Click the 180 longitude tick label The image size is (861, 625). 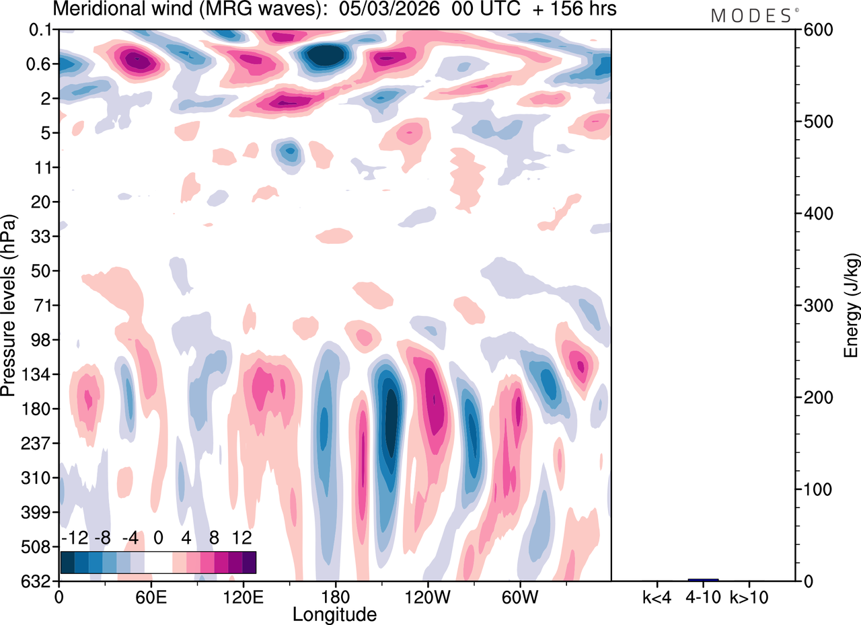click(334, 596)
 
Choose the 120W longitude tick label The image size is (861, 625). click(426, 596)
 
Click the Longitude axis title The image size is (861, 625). click(334, 614)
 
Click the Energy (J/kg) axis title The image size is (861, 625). click(852, 306)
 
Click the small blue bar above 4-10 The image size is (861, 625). click(703, 579)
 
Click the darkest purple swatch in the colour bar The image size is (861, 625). click(249, 562)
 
